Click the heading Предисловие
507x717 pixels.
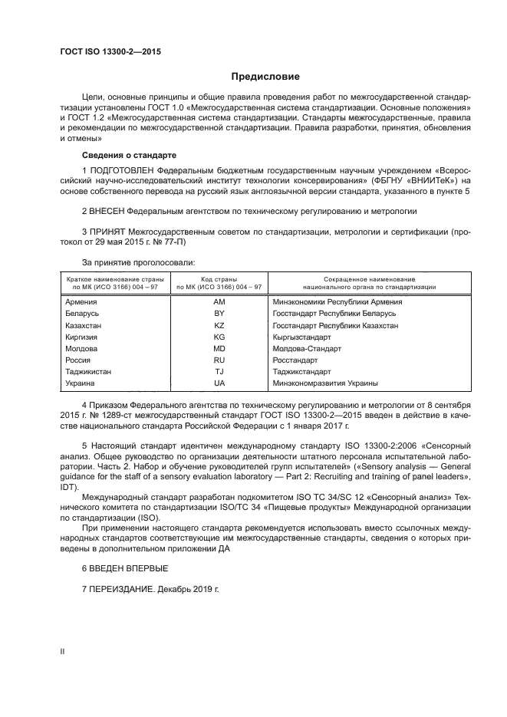(x=266, y=77)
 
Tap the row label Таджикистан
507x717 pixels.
(x=90, y=371)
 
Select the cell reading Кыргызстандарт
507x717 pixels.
(x=301, y=337)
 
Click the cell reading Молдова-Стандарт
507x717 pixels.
(x=305, y=348)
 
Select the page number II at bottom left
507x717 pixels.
(x=62, y=651)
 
